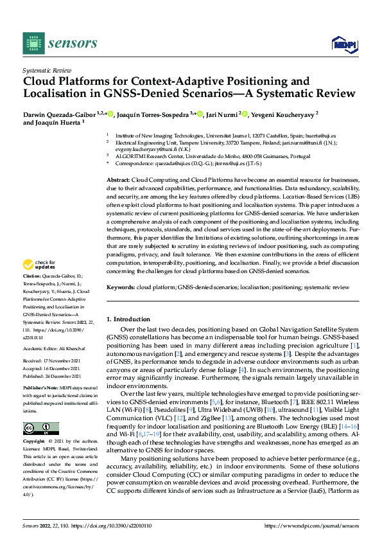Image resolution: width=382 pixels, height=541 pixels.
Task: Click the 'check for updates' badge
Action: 40,265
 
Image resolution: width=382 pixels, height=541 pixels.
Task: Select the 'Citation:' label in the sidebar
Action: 33,276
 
